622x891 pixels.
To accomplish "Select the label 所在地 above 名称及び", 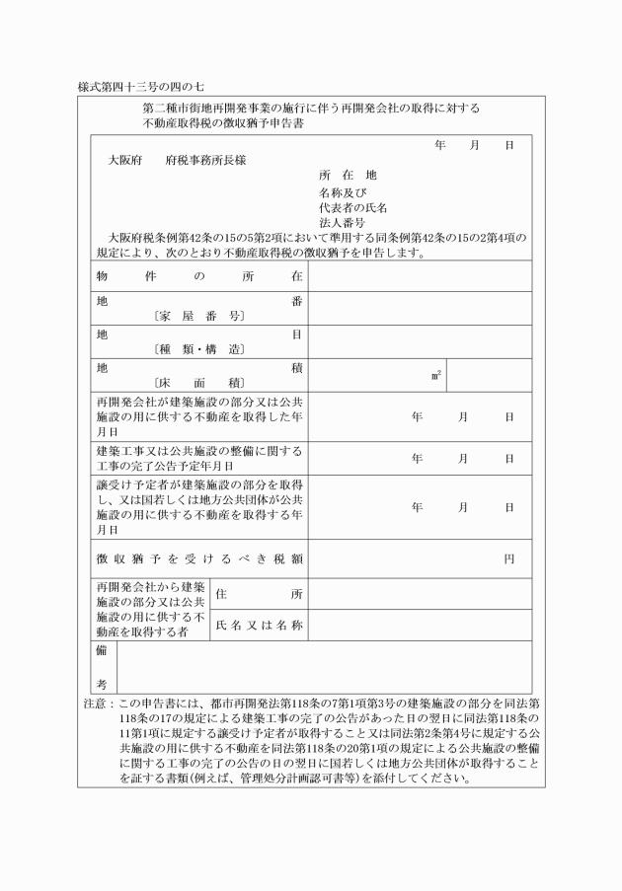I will click(347, 175).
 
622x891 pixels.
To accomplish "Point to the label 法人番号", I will click(342, 223).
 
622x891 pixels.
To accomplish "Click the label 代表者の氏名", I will click(352, 207).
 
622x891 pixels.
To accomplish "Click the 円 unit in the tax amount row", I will click(508, 558).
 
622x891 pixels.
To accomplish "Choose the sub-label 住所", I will click(259, 594).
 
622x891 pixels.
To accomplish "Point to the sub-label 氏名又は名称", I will click(259, 626).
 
